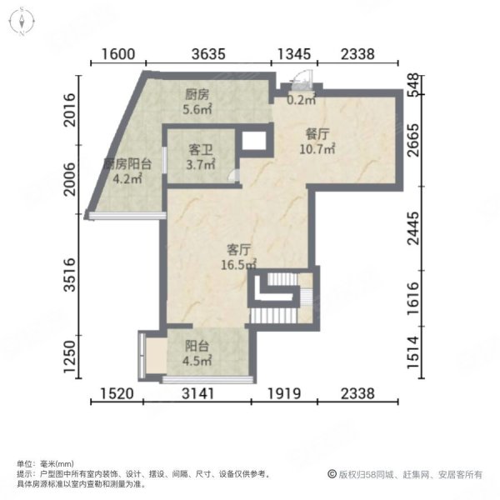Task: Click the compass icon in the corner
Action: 19,20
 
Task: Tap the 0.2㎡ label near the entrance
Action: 301,100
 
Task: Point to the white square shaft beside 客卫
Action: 253,141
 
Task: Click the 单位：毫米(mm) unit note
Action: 45,463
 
